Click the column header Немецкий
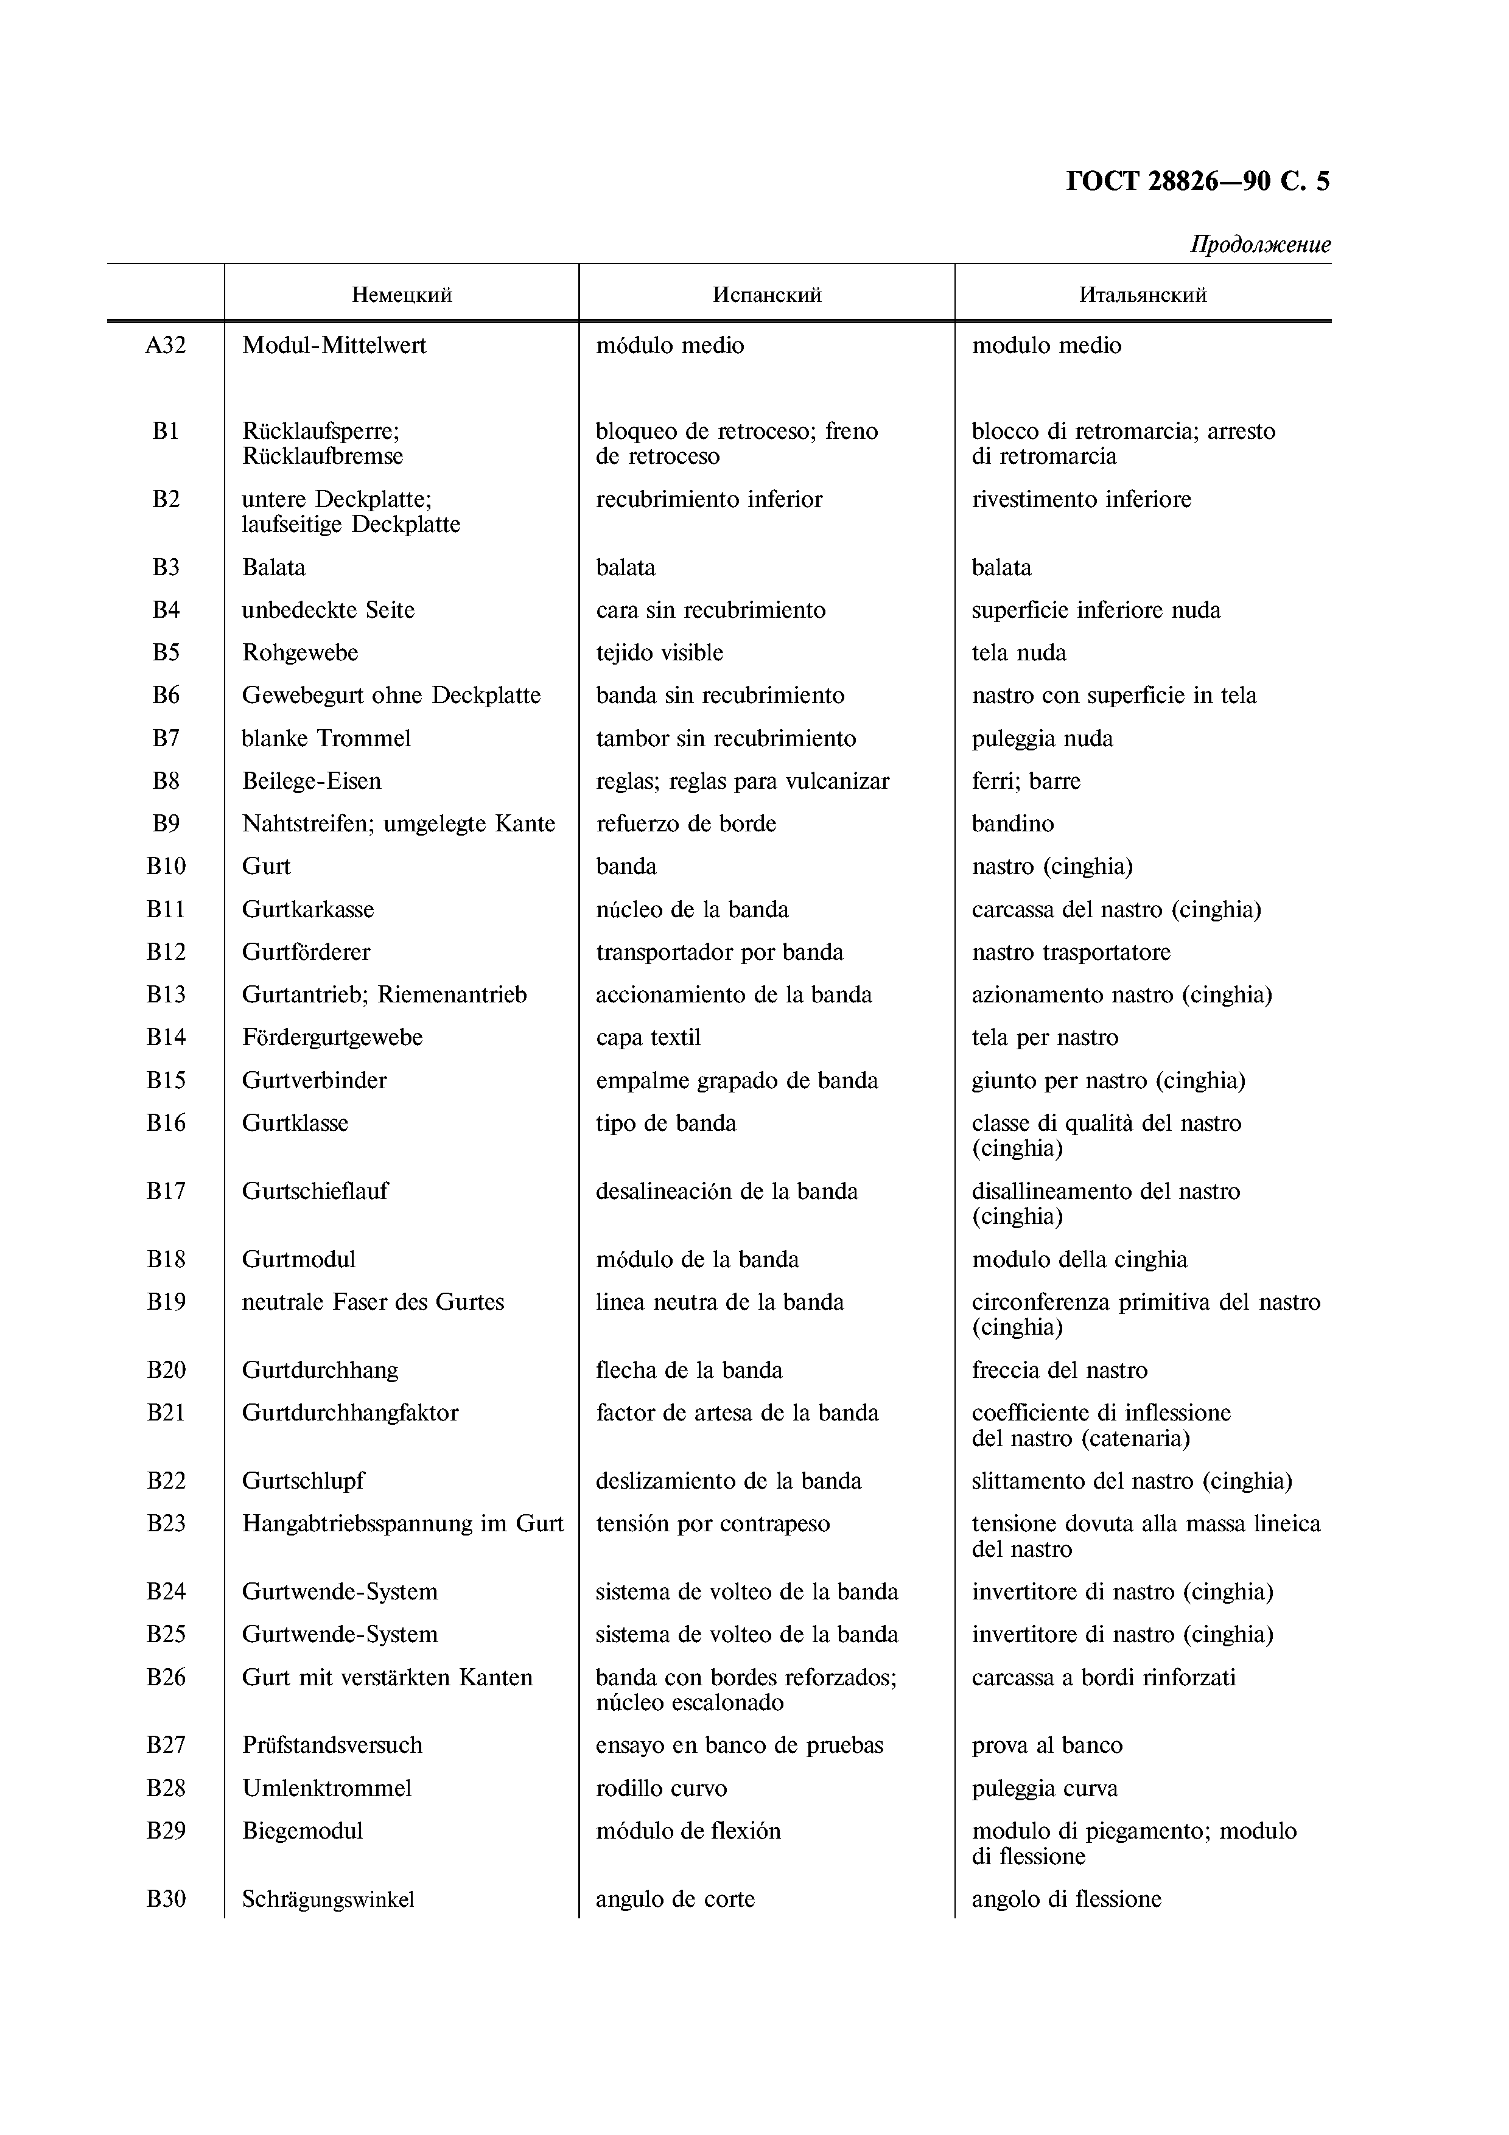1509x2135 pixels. coord(402,296)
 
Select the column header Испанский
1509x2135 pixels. coord(767,296)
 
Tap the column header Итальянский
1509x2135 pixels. coord(1143,296)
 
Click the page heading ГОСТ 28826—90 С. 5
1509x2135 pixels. coord(1197,180)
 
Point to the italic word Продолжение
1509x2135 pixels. coord(1261,245)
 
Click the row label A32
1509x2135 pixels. coord(166,346)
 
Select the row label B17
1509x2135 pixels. coord(166,1191)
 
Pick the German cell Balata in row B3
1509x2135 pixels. coord(273,567)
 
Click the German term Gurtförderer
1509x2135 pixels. coord(306,952)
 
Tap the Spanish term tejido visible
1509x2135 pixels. coord(659,653)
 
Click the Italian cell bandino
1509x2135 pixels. coord(1012,824)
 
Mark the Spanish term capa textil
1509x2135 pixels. coord(648,1038)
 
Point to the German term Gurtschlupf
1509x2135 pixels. coord(303,1481)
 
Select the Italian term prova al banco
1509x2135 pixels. coord(1047,1745)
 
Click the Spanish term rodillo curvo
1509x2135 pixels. coord(661,1788)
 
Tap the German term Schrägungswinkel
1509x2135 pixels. coord(327,1899)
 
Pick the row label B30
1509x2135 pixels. coord(166,1899)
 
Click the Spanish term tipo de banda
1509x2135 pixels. coord(666,1123)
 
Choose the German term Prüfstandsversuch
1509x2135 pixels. coord(332,1745)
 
